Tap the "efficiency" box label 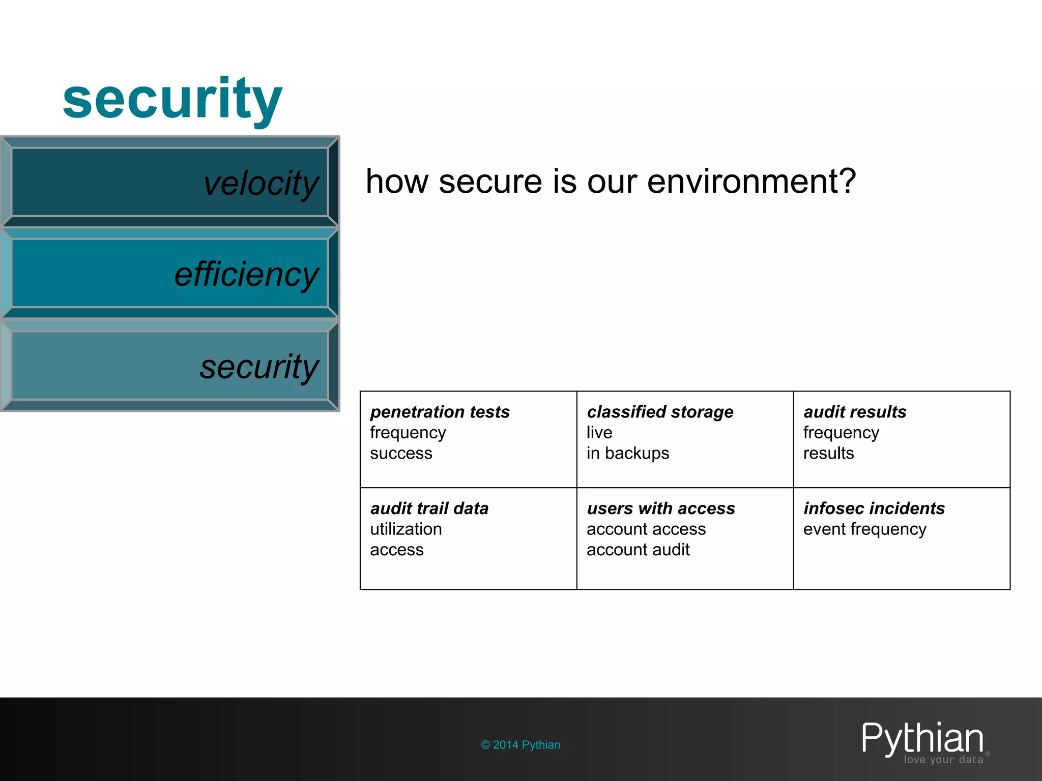click(x=246, y=275)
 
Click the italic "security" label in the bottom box click(x=259, y=367)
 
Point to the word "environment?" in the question click(x=751, y=182)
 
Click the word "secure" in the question click(x=490, y=182)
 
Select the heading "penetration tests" click(x=440, y=412)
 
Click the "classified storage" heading click(x=660, y=412)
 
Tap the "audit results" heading click(x=855, y=412)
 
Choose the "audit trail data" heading click(x=429, y=508)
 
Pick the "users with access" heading click(x=661, y=508)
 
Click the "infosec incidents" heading click(x=874, y=508)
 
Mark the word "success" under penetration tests click(x=401, y=453)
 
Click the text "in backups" click(x=627, y=453)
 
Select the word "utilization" click(x=406, y=529)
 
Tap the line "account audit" click(x=638, y=550)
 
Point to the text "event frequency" click(x=864, y=529)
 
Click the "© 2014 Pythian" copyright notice click(x=520, y=745)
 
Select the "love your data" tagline click(x=943, y=760)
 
